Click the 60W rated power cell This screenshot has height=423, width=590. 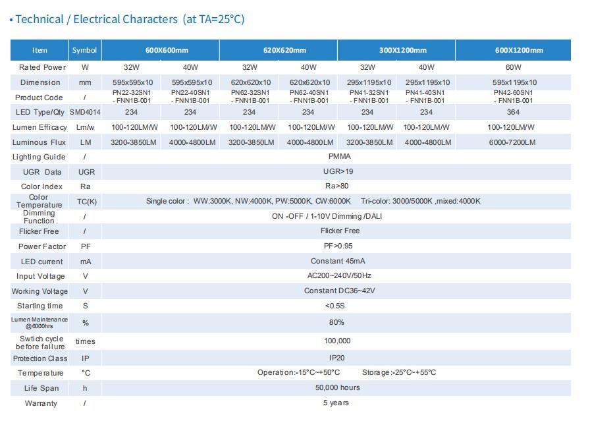513,67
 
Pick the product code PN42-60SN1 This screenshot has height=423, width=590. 513,93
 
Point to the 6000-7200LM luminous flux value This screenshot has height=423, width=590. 513,142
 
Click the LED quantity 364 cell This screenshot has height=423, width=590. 513,112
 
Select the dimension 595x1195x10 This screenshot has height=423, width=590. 514,82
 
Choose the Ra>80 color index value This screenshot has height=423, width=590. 336,186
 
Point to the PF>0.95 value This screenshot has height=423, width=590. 336,246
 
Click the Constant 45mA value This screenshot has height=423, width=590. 337,261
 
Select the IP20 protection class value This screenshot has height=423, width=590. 337,358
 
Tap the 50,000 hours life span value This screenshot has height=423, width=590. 337,387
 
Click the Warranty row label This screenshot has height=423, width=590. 41,403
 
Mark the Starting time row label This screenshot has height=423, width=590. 40,306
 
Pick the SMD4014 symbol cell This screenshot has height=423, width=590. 85,113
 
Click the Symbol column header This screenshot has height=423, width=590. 84,50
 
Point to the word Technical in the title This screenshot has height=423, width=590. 39,19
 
